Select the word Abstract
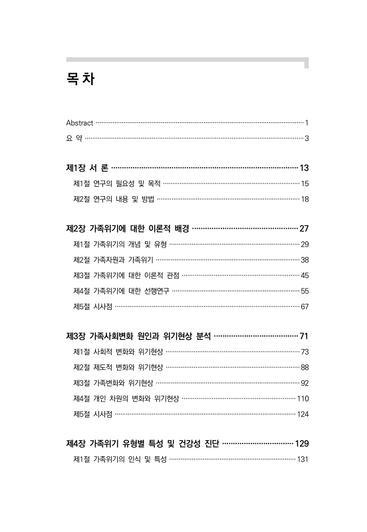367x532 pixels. coord(79,123)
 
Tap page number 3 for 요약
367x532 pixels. coord(306,138)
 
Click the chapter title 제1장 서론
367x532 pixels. coord(87,168)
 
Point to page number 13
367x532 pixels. coord(304,168)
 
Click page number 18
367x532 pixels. coord(304,199)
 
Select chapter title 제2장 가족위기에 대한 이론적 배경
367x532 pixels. coord(128,229)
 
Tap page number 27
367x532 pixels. coord(304,229)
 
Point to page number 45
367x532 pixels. coord(305,275)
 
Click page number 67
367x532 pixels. coord(305,306)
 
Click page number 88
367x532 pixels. coord(305,367)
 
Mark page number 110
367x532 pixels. coord(303,398)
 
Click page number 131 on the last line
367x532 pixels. coord(303,459)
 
